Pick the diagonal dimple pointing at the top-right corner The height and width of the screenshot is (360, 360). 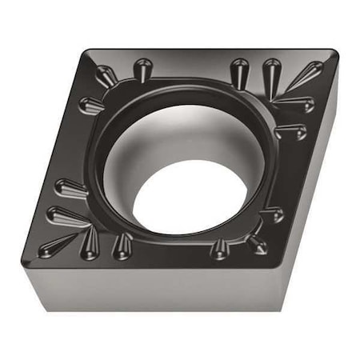(x=306, y=76)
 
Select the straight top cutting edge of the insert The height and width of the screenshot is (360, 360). (x=208, y=50)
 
